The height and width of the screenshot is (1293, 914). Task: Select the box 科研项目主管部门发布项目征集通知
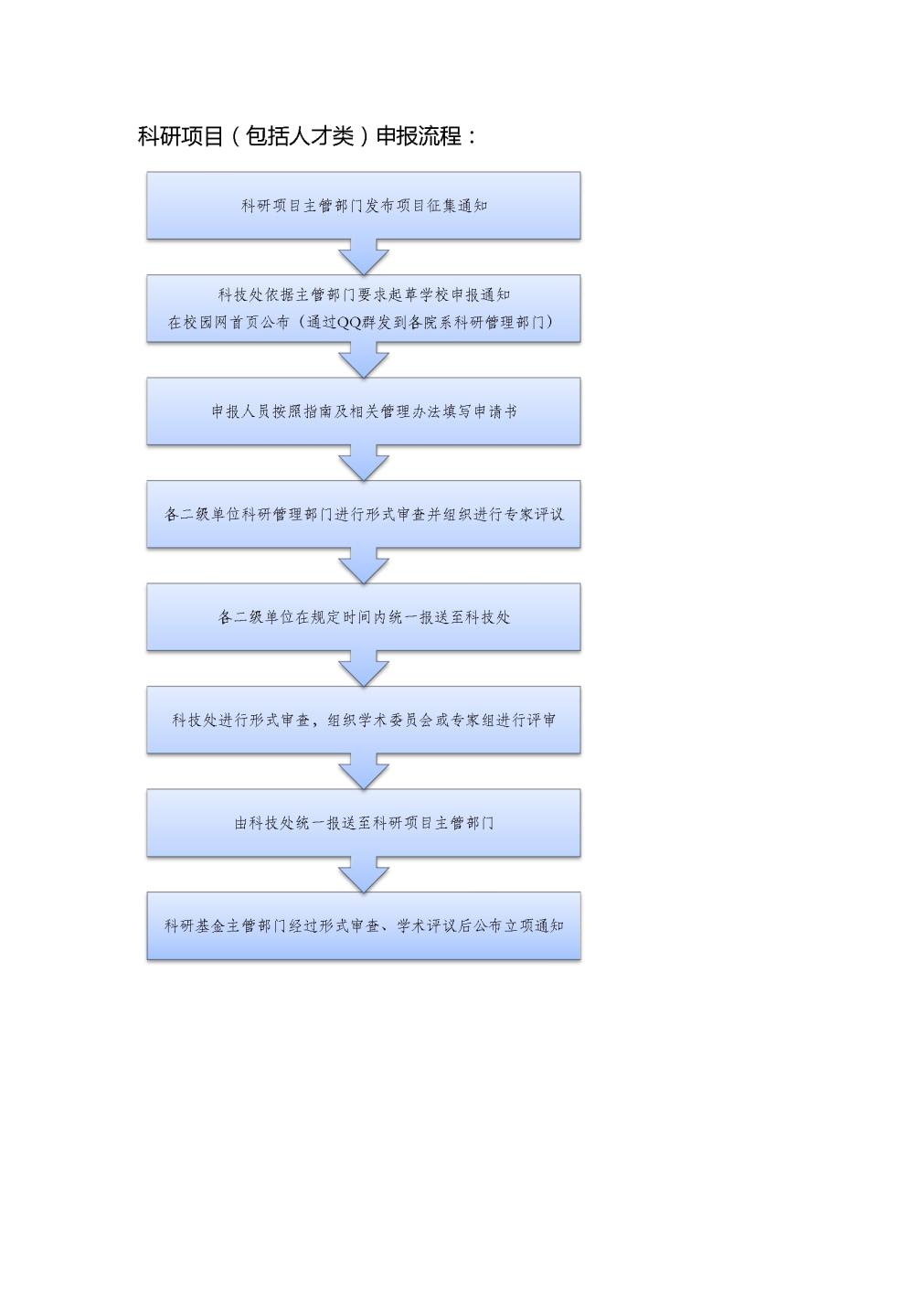pos(364,206)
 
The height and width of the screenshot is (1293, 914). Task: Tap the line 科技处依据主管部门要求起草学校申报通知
pos(364,295)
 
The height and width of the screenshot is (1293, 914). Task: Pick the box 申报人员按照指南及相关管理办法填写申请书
pos(364,411)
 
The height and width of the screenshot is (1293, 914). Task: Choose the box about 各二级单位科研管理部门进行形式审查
pos(364,514)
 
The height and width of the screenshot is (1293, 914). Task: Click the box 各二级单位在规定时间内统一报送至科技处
pos(364,617)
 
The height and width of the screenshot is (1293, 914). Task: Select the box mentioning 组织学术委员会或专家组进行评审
pos(364,720)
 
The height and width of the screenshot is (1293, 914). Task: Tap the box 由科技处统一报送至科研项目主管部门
pos(364,823)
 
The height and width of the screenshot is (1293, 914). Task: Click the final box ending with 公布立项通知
pos(364,926)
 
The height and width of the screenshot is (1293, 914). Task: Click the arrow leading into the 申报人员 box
pos(364,360)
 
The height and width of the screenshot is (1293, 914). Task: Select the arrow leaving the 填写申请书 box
pos(364,463)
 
